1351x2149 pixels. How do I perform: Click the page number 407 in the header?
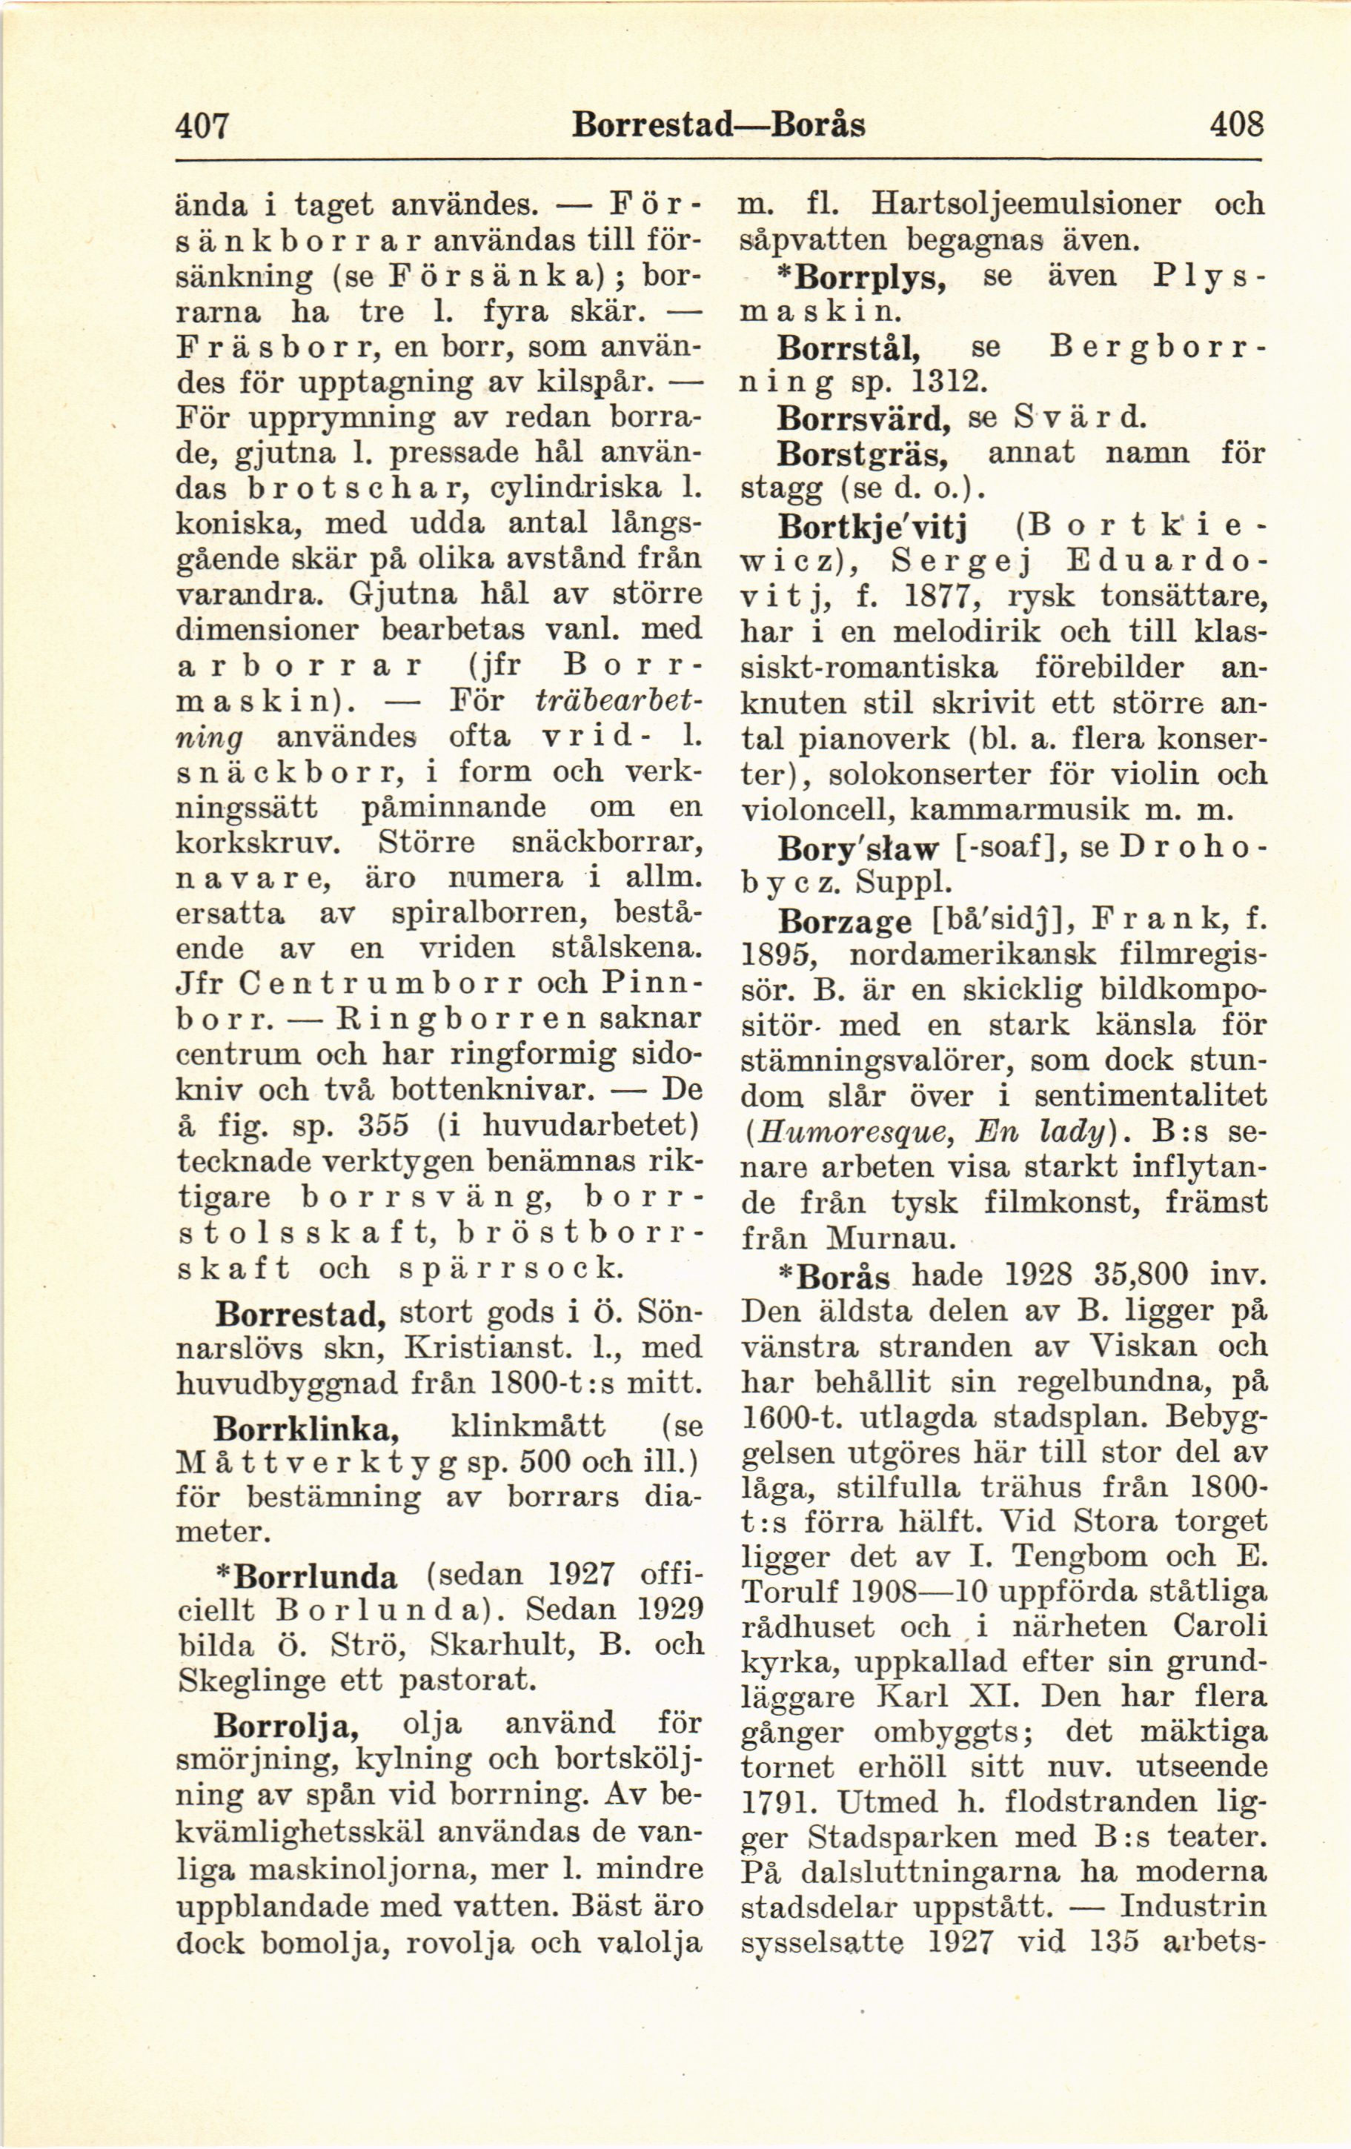[x=202, y=125]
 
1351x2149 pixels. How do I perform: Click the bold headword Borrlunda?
[x=314, y=1577]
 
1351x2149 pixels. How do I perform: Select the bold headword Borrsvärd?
[x=860, y=419]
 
